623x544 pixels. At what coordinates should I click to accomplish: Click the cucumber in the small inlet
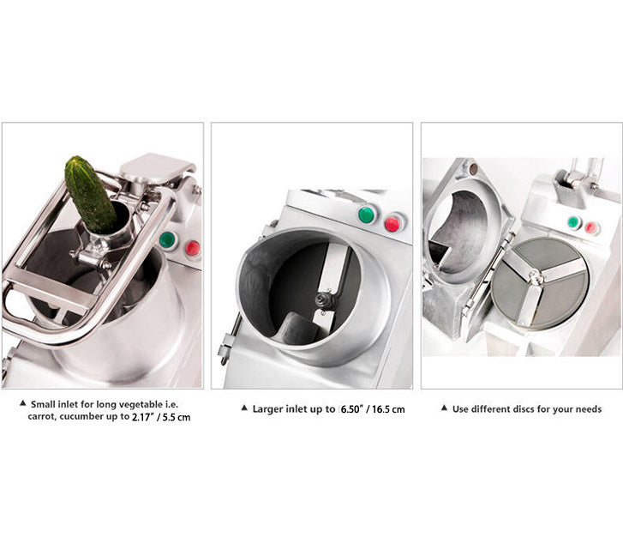pos(90,195)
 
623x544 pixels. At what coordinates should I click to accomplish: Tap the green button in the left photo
pos(167,239)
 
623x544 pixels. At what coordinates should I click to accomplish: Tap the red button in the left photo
pos(193,248)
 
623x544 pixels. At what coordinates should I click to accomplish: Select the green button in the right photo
pos(573,222)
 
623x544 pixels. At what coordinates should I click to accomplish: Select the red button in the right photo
pos(590,228)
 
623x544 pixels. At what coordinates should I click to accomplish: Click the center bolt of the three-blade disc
pos(536,275)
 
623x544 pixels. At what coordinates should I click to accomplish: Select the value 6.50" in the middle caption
pos(350,409)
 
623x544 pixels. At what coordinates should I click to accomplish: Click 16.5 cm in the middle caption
pos(388,409)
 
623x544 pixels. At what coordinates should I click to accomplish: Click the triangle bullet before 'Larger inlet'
pos(244,408)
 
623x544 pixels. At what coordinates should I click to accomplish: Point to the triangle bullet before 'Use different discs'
pos(444,408)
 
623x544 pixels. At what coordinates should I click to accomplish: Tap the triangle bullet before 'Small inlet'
pos(23,403)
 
